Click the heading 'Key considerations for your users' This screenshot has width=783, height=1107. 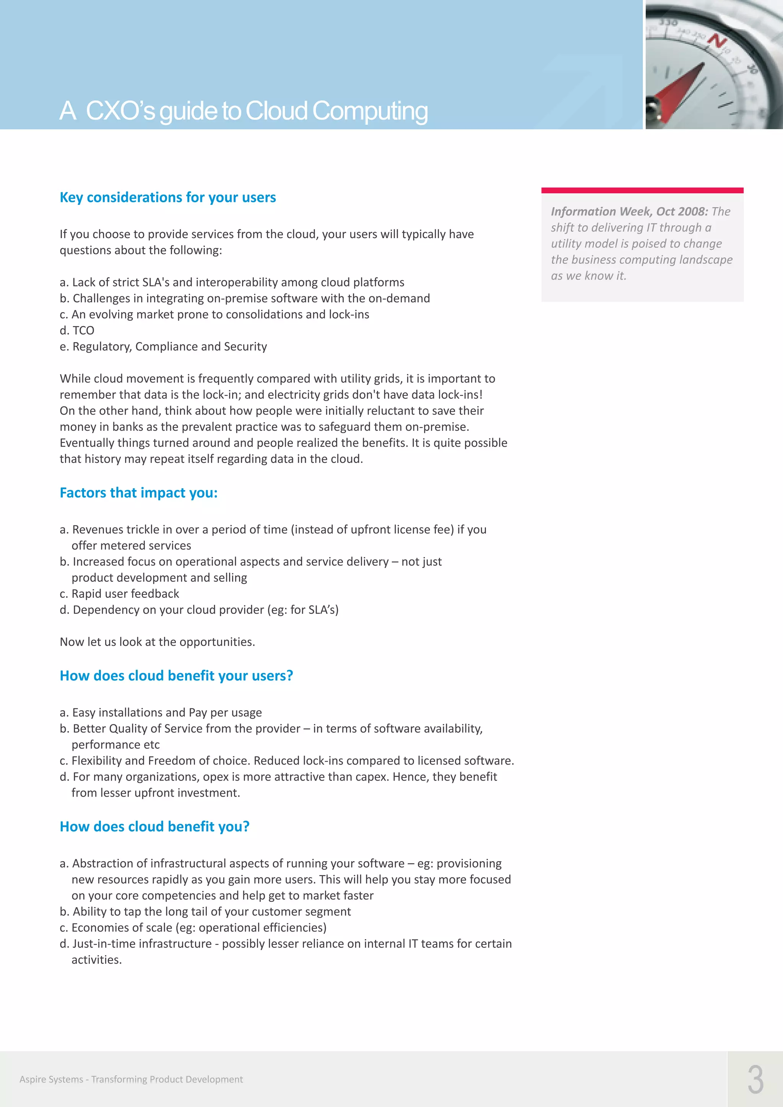pyautogui.click(x=167, y=197)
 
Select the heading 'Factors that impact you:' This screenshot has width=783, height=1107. pyautogui.click(x=138, y=492)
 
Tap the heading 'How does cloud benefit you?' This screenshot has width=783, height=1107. pyautogui.click(x=154, y=826)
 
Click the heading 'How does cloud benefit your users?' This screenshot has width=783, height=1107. pyautogui.click(x=176, y=675)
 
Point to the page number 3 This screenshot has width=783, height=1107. pyautogui.click(x=755, y=1080)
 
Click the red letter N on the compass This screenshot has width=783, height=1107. pyautogui.click(x=717, y=41)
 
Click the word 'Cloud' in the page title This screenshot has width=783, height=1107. pyautogui.click(x=276, y=111)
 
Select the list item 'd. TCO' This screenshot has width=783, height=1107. pyautogui.click(x=77, y=330)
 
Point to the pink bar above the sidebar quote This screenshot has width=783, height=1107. pyautogui.click(x=642, y=190)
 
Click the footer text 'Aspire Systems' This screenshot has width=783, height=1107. pyautogui.click(x=51, y=1079)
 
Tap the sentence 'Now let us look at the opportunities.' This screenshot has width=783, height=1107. pyautogui.click(x=157, y=642)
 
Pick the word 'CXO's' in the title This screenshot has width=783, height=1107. pyautogui.click(x=120, y=111)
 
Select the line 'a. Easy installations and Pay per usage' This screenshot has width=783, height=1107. pyautogui.click(x=161, y=712)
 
